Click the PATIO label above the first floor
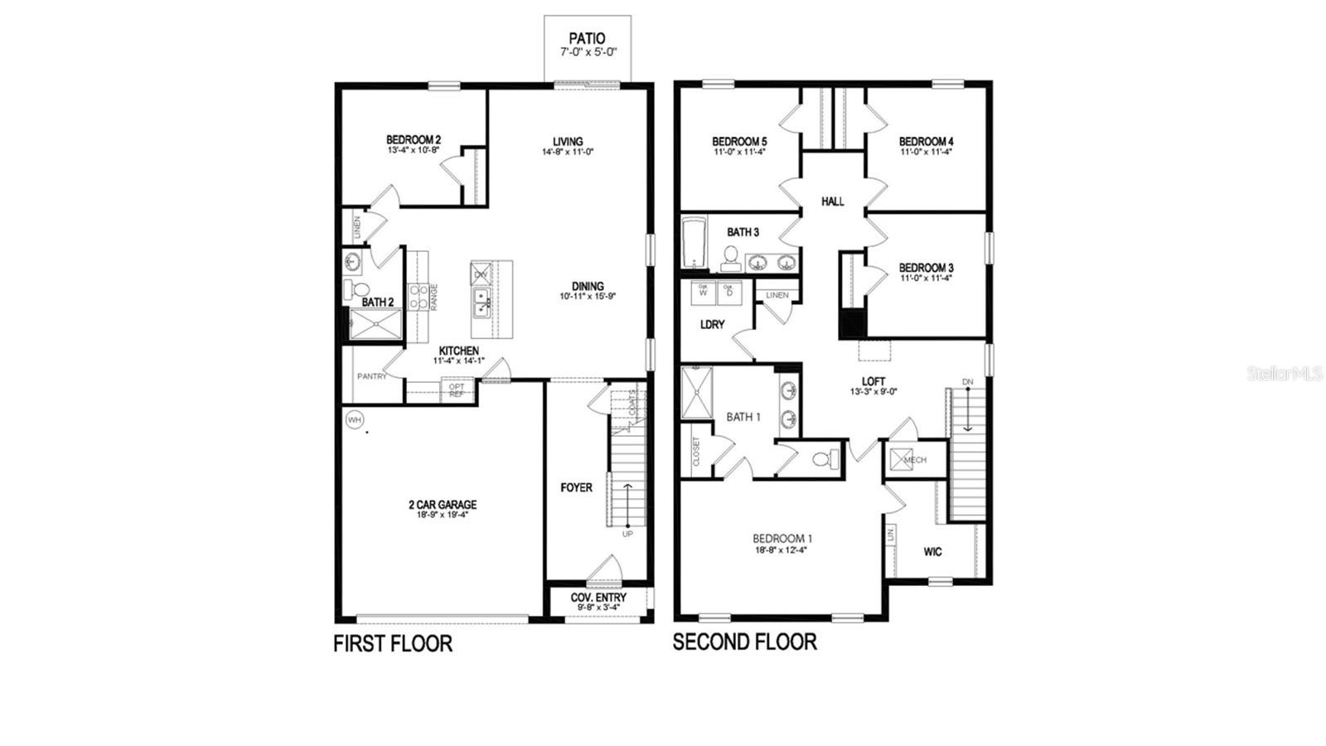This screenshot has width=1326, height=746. coord(587,38)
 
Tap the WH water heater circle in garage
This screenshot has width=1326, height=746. coord(355,420)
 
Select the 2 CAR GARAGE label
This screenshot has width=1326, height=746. coord(443,504)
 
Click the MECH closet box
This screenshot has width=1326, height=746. coord(907,459)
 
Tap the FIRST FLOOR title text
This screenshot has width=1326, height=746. coord(393,643)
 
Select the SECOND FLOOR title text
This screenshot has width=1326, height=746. coord(744,642)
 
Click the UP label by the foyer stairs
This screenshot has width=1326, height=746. coord(627,534)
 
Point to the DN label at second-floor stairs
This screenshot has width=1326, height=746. coord(967,382)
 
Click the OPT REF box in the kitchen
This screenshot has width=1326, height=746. coord(457,390)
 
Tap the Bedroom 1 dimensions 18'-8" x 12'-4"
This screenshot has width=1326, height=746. coord(781,549)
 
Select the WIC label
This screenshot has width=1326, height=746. coord(932,552)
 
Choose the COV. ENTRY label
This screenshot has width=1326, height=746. coord(598,598)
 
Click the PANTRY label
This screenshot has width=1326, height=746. coord(372,376)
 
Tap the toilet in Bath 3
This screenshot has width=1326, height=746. coord(731,258)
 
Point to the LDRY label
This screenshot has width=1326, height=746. coord(712,325)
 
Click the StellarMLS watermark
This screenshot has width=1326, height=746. coord(1285,374)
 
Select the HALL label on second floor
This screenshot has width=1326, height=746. coord(833,201)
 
